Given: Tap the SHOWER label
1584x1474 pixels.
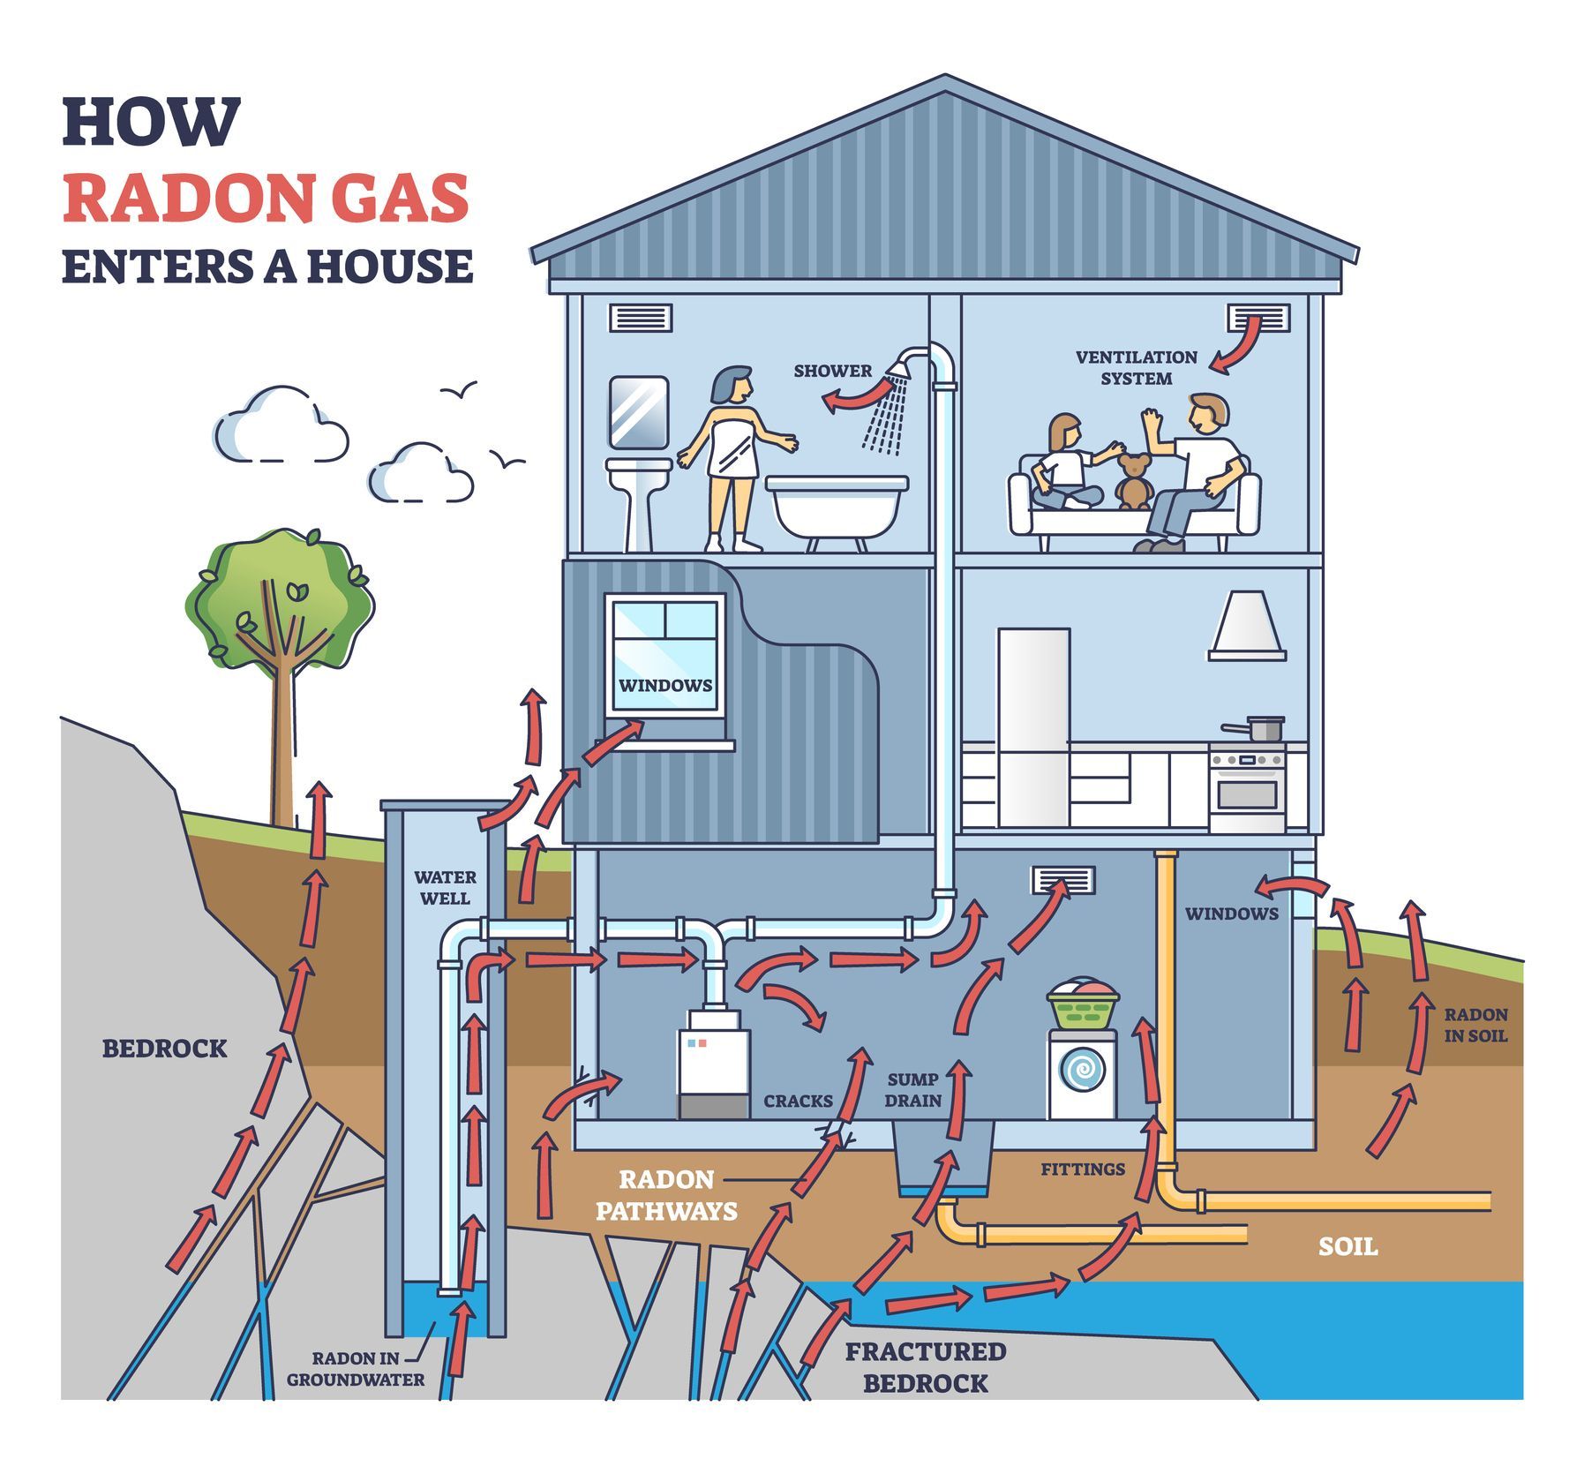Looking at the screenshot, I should (832, 371).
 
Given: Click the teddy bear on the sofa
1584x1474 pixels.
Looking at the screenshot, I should (1132, 482).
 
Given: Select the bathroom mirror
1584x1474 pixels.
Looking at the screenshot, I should (638, 411).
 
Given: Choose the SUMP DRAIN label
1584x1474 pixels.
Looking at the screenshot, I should (913, 1090).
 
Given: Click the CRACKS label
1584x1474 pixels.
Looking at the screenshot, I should (798, 1101).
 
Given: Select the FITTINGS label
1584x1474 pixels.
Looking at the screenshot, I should (1083, 1169).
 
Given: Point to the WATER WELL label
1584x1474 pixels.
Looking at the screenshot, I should (445, 888).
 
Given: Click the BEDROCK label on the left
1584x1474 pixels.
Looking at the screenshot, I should (165, 1049).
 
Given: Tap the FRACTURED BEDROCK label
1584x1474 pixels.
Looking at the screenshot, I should (926, 1367).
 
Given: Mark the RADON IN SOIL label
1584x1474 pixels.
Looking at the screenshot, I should (1475, 1025).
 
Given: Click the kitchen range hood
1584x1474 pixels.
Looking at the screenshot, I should (1246, 626).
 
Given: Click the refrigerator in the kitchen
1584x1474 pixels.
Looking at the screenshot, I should (1033, 728).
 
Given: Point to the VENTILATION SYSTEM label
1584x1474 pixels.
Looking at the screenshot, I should (1136, 368).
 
